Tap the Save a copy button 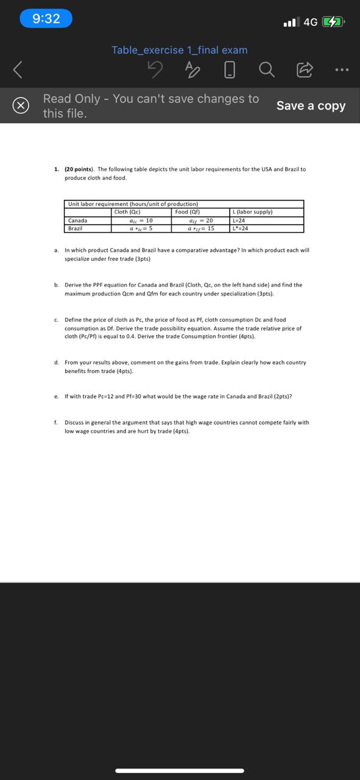311,105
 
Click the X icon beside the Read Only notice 21,106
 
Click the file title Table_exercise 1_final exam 180,50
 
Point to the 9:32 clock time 46,18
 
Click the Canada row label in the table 77,221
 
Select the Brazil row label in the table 76,229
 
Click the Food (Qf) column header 188,212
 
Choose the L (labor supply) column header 253,212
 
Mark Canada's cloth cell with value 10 141,221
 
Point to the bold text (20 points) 80,169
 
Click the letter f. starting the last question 55,422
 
